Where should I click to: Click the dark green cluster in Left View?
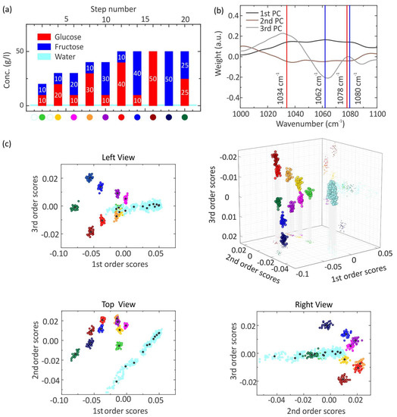point(75,206)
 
